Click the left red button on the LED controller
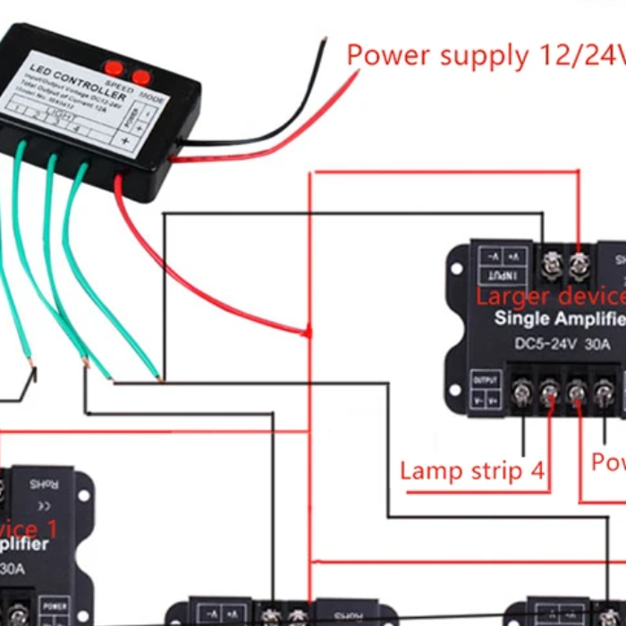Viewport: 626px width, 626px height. [x=114, y=67]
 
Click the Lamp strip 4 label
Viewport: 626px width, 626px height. [x=471, y=470]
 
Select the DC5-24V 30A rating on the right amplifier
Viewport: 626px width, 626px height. [x=546, y=344]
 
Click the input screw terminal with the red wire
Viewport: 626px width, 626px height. [x=579, y=262]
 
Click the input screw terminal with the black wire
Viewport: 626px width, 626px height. [x=551, y=262]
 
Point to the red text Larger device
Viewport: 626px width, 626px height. [x=550, y=296]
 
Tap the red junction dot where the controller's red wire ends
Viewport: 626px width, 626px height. [x=309, y=334]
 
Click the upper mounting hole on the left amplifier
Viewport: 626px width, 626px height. [x=84, y=491]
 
